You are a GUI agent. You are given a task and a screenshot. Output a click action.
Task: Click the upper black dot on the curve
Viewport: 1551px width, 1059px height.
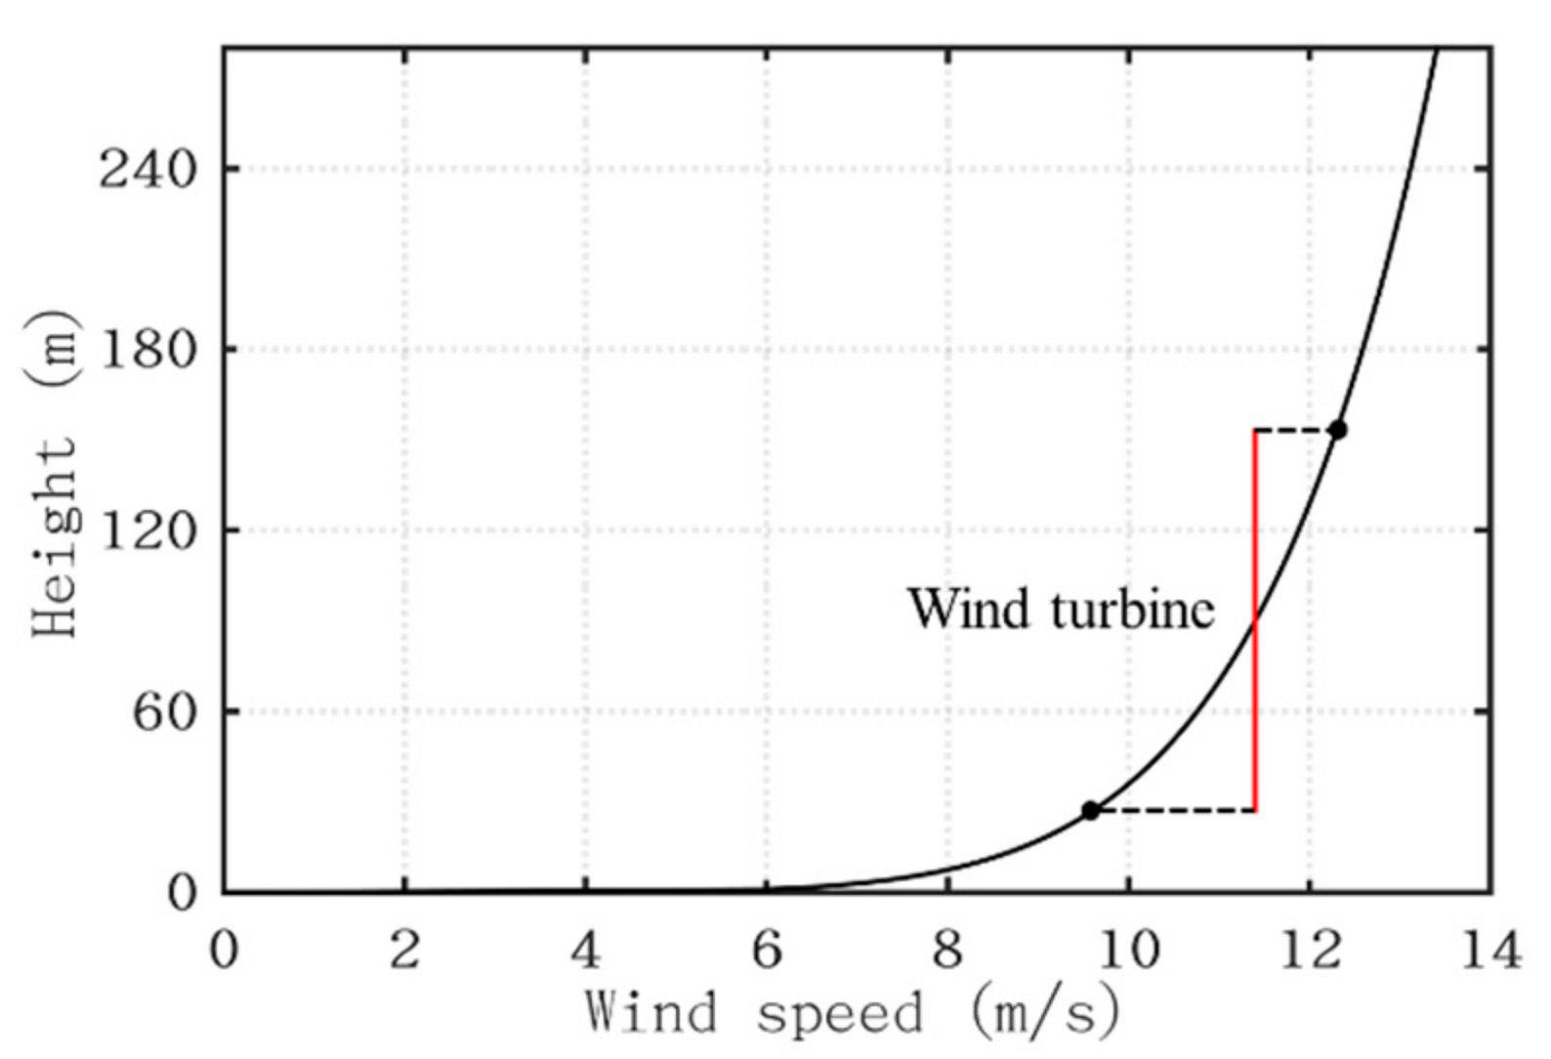click(x=1337, y=430)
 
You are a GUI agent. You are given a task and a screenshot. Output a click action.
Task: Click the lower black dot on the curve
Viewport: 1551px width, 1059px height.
click(x=1090, y=810)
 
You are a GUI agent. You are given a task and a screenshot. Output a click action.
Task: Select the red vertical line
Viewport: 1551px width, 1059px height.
click(x=1255, y=684)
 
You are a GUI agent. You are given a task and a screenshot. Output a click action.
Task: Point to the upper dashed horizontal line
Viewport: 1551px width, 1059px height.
click(x=1294, y=430)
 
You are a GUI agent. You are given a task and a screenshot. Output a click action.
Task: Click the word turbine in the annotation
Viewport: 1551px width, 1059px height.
click(x=1133, y=609)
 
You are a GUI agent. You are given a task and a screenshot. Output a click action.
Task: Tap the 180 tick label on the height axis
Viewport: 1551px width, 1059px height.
click(x=147, y=350)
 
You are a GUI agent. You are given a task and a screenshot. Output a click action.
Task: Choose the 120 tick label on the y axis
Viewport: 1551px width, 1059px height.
click(x=147, y=530)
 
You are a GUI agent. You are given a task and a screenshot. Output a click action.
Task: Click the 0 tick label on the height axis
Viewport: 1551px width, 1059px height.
click(x=182, y=892)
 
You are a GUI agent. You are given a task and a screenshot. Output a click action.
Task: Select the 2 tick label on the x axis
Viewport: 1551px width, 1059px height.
click(x=404, y=949)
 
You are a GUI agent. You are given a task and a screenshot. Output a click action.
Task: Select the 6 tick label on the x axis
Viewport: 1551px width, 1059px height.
click(x=767, y=949)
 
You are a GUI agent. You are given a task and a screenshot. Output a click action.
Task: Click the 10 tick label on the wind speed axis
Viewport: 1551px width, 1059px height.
click(x=1128, y=949)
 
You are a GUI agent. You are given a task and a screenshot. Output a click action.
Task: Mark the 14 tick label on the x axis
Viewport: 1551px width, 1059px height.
click(x=1490, y=949)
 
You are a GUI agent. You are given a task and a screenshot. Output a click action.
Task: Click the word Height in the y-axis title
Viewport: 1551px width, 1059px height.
click(x=54, y=537)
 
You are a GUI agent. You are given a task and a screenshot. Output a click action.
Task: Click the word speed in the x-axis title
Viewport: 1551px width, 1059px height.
click(x=839, y=1013)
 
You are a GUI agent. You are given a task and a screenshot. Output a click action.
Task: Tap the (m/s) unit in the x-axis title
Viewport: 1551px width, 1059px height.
click(x=1045, y=1013)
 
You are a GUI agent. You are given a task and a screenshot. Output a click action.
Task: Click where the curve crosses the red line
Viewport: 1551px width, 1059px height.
click(x=1255, y=617)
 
